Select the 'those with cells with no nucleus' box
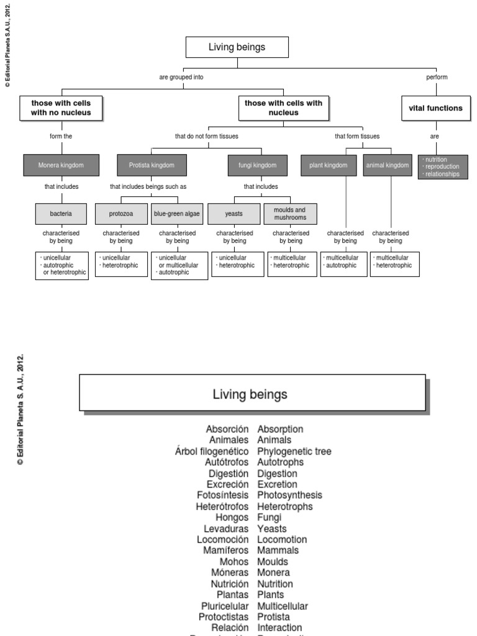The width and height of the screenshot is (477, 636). (x=61, y=108)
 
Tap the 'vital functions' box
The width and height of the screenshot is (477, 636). (x=435, y=108)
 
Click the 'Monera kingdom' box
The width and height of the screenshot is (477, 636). (x=60, y=165)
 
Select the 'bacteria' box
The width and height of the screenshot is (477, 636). (x=61, y=214)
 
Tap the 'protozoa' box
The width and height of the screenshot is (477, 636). (x=121, y=214)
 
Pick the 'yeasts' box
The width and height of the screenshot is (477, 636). (x=234, y=214)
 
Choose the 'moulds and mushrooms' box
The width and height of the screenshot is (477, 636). (x=289, y=214)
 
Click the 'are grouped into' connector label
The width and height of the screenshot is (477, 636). (x=181, y=77)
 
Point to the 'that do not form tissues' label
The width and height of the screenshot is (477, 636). (x=207, y=136)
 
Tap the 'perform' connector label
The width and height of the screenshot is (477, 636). (x=437, y=77)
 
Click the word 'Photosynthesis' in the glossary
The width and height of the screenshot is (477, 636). (x=289, y=495)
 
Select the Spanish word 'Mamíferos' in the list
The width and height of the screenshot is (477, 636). (x=226, y=550)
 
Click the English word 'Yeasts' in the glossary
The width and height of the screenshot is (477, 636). (x=272, y=529)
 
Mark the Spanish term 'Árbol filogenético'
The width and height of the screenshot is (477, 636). (x=212, y=452)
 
